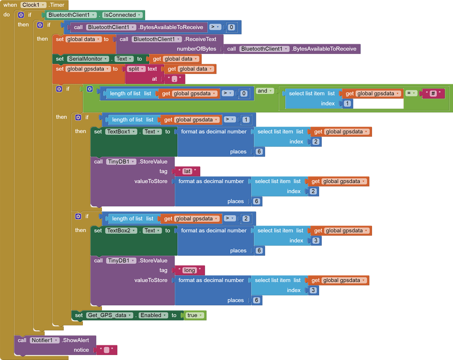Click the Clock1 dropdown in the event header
coord(33,5)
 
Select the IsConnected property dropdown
coord(122,15)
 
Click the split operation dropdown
coord(136,69)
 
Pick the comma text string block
coord(174,79)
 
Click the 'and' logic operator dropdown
coord(265,91)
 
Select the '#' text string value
coord(433,93)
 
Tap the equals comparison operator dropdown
coord(411,93)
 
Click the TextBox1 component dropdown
coord(121,132)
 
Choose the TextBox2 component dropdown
coord(121,231)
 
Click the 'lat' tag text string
coord(187,171)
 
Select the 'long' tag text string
coord(189,270)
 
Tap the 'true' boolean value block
coord(194,315)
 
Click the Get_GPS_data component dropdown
coord(109,315)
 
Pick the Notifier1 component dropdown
coord(44,340)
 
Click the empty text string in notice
coord(106,350)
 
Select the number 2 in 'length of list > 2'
coord(246,219)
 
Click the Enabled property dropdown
coord(153,315)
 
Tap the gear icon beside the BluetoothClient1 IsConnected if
coord(21,15)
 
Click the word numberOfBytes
coord(196,49)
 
